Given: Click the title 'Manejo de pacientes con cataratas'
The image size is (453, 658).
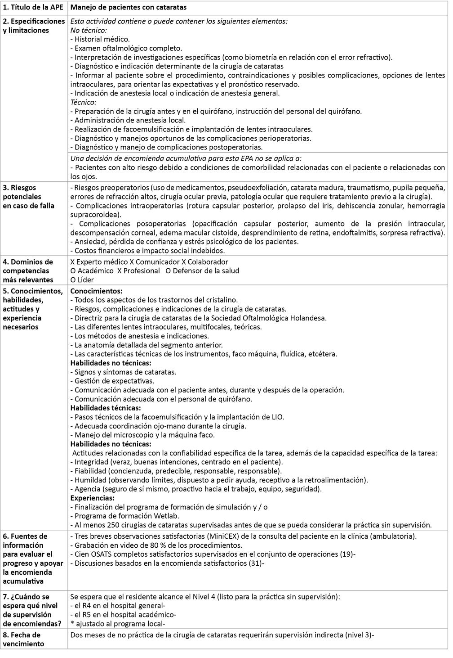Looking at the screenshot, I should [129, 8].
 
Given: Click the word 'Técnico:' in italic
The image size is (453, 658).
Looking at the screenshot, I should [84, 102].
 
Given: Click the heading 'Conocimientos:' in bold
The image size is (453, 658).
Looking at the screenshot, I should [96, 291].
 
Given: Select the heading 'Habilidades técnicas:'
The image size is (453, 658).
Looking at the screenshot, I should [105, 408].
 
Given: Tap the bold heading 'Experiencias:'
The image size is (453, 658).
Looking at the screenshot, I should [93, 498].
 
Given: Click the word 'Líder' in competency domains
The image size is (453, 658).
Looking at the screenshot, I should [85, 280].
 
